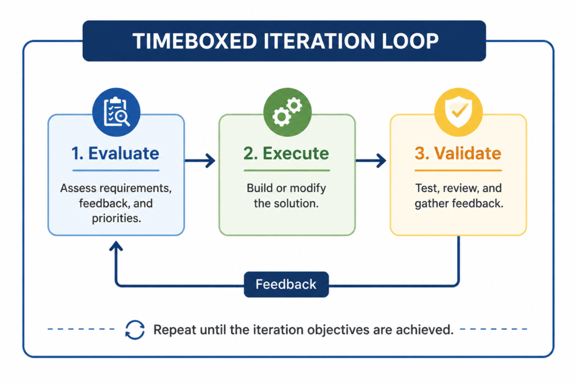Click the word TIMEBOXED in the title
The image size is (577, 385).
(x=194, y=41)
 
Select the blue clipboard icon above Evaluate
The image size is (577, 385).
(x=116, y=112)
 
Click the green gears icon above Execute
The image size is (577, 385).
(x=287, y=112)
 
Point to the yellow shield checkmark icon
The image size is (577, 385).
(x=459, y=112)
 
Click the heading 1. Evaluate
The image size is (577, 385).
(x=115, y=153)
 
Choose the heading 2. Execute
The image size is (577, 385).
(x=286, y=153)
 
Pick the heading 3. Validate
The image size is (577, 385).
(x=458, y=153)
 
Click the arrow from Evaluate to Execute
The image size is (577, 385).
(x=200, y=161)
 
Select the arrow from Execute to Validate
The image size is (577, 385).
(x=371, y=161)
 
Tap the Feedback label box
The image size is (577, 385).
(x=286, y=284)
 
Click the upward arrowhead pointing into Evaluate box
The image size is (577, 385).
(x=116, y=246)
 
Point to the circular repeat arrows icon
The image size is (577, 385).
(x=135, y=329)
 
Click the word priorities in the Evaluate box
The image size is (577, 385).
(x=116, y=218)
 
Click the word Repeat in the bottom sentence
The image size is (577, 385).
(x=175, y=330)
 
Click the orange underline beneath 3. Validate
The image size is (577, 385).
(x=458, y=170)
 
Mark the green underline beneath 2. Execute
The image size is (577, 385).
(x=287, y=170)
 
